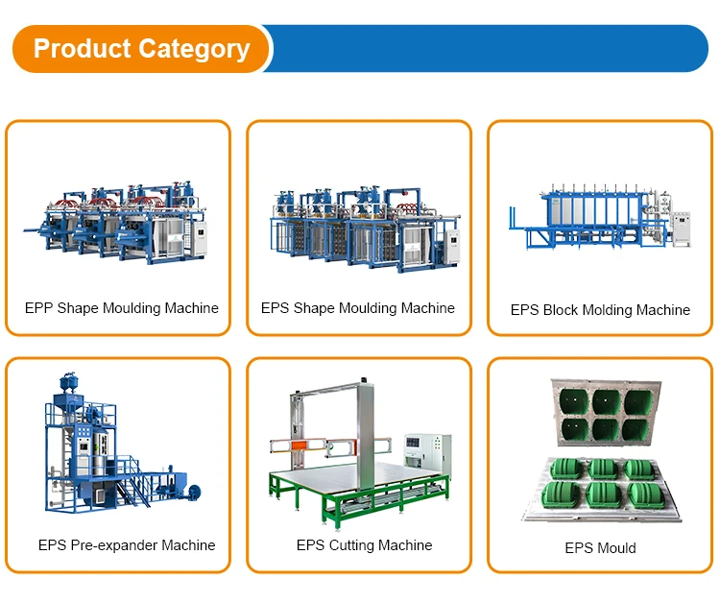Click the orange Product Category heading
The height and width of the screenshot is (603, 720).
pyautogui.click(x=141, y=49)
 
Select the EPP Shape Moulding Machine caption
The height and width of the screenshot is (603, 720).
pyautogui.click(x=122, y=308)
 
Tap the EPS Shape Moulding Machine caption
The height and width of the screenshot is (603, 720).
pyautogui.click(x=358, y=308)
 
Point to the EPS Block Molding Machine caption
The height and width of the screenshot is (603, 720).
pyautogui.click(x=600, y=310)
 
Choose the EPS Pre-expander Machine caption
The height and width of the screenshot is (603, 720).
pyautogui.click(x=127, y=545)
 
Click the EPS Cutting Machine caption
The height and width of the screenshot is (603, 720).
pyautogui.click(x=364, y=545)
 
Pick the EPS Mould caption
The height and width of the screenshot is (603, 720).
pyautogui.click(x=600, y=547)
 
